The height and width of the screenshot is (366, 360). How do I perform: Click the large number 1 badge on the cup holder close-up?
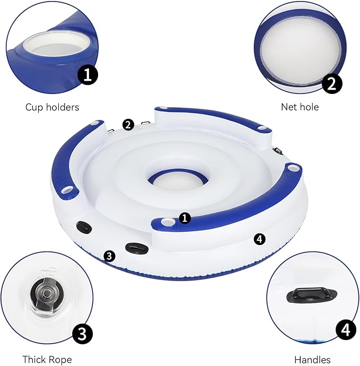(x=87, y=75)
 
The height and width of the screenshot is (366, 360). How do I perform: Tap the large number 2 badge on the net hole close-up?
(x=332, y=84)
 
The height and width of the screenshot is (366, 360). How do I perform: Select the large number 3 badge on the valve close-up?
(x=82, y=334)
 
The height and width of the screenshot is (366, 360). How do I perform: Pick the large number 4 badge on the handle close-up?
(x=346, y=330)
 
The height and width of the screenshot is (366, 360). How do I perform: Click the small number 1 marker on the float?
(x=185, y=218)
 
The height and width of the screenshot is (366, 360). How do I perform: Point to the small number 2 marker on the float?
(x=128, y=125)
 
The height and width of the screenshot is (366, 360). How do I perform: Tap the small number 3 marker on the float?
(x=109, y=256)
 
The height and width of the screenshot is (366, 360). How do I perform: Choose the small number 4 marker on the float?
(x=260, y=239)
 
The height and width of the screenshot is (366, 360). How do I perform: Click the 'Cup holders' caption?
(x=52, y=107)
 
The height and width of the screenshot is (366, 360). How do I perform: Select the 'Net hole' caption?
(x=300, y=107)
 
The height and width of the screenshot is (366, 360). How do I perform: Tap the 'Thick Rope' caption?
(x=47, y=359)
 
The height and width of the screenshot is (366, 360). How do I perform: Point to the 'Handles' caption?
(x=312, y=360)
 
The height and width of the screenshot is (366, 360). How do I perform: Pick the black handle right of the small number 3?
(x=137, y=248)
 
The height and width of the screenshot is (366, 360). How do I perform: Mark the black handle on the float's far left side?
(x=84, y=227)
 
